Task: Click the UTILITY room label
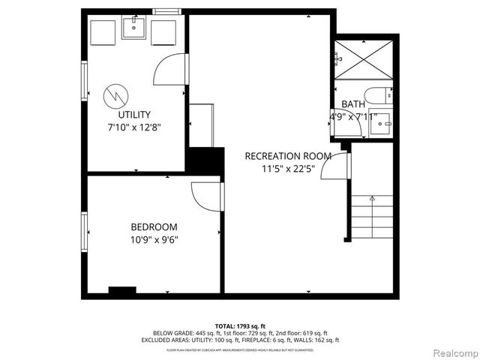[134, 115]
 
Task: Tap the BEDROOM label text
[154, 227]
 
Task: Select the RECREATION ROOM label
[287, 156]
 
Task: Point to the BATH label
[353, 104]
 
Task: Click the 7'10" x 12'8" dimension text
[134, 127]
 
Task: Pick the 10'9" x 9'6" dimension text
[154, 240]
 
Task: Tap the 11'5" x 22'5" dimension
[287, 169]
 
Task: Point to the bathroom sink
[382, 121]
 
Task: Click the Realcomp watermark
[454, 352]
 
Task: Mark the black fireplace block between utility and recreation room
[205, 160]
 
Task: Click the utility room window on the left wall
[84, 78]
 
